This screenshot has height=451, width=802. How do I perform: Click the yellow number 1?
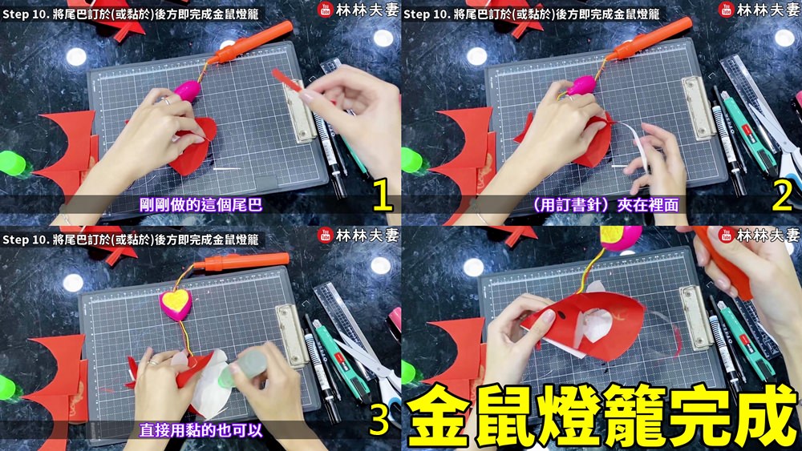coord(382,194)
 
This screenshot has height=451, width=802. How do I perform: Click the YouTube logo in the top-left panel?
coord(326,9)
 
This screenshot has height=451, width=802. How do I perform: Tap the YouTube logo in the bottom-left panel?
coord(326,235)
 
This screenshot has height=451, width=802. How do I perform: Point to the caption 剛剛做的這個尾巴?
coord(200,205)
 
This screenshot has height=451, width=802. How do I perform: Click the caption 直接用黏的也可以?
coord(201,430)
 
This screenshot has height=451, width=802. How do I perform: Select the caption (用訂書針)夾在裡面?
coord(605,205)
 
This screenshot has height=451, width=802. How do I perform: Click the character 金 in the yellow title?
coord(439,416)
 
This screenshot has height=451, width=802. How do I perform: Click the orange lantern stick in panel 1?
coord(250,43)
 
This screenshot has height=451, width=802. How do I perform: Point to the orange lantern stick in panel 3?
coord(241,261)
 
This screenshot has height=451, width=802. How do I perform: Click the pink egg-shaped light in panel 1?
coord(187,91)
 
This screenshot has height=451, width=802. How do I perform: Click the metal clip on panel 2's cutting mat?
coord(699,108)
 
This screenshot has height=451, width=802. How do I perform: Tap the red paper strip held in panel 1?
coord(286,80)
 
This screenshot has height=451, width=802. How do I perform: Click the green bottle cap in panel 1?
coord(11,163)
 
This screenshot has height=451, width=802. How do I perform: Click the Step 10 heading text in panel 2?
coord(532,14)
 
